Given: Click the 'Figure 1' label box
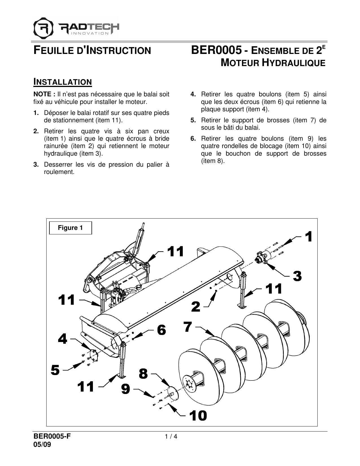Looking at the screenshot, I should click(70, 228).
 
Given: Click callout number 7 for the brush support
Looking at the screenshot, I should click(188, 327).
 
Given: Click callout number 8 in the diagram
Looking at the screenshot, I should click(143, 374).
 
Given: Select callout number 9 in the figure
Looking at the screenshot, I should click(126, 389).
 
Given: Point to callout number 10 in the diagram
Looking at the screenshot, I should click(198, 415).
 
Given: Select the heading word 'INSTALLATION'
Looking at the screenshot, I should click(63, 82).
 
